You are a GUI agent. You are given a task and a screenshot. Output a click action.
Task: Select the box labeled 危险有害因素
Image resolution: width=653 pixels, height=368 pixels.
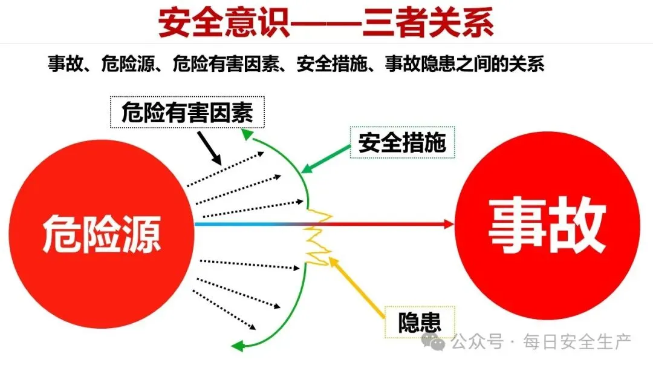pos(187,112)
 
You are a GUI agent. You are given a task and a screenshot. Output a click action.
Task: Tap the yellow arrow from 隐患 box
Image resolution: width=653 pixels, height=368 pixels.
pos(357,287)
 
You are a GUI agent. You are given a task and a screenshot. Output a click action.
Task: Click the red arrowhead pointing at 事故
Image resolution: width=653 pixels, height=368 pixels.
pos(448,224)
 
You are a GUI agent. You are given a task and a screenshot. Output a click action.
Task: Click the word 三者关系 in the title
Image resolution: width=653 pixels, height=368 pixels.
pos(429,23)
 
